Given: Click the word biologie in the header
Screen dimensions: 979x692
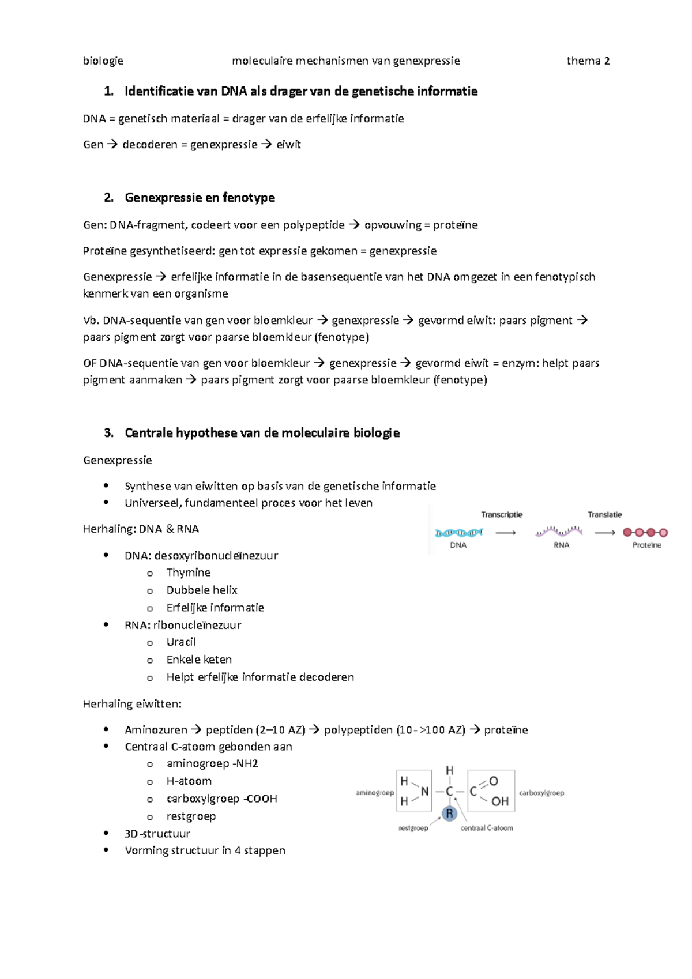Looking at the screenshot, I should tap(103, 61).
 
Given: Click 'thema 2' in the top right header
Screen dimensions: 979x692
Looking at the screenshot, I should tap(588, 61).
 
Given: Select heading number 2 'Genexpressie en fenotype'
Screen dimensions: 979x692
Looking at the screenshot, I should tap(200, 198).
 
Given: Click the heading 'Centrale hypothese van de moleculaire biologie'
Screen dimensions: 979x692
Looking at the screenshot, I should tap(262, 433).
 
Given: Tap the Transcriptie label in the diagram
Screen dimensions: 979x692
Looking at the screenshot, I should tap(502, 515).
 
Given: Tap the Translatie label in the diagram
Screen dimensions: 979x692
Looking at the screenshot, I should tap(604, 515).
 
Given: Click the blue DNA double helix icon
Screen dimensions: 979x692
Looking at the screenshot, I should tap(458, 533).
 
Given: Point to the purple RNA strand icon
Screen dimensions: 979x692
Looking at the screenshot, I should tap(559, 532).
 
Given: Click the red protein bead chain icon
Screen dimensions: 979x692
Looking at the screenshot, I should tap(645, 533).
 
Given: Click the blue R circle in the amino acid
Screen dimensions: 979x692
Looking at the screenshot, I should tap(449, 814).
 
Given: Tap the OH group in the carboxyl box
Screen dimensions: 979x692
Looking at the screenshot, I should tap(499, 801).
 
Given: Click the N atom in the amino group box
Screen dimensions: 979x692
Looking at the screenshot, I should tap(424, 792).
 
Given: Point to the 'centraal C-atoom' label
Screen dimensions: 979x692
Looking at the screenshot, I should tap(486, 829).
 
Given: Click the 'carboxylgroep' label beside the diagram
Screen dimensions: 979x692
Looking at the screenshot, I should tap(541, 793).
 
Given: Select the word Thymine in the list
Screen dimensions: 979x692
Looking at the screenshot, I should tap(188, 573).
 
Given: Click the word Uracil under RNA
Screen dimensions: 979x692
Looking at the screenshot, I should tap(181, 642).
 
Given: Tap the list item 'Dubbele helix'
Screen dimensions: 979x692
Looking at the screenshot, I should tap(202, 590).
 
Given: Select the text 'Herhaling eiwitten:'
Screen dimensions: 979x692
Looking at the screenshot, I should tap(132, 704).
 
